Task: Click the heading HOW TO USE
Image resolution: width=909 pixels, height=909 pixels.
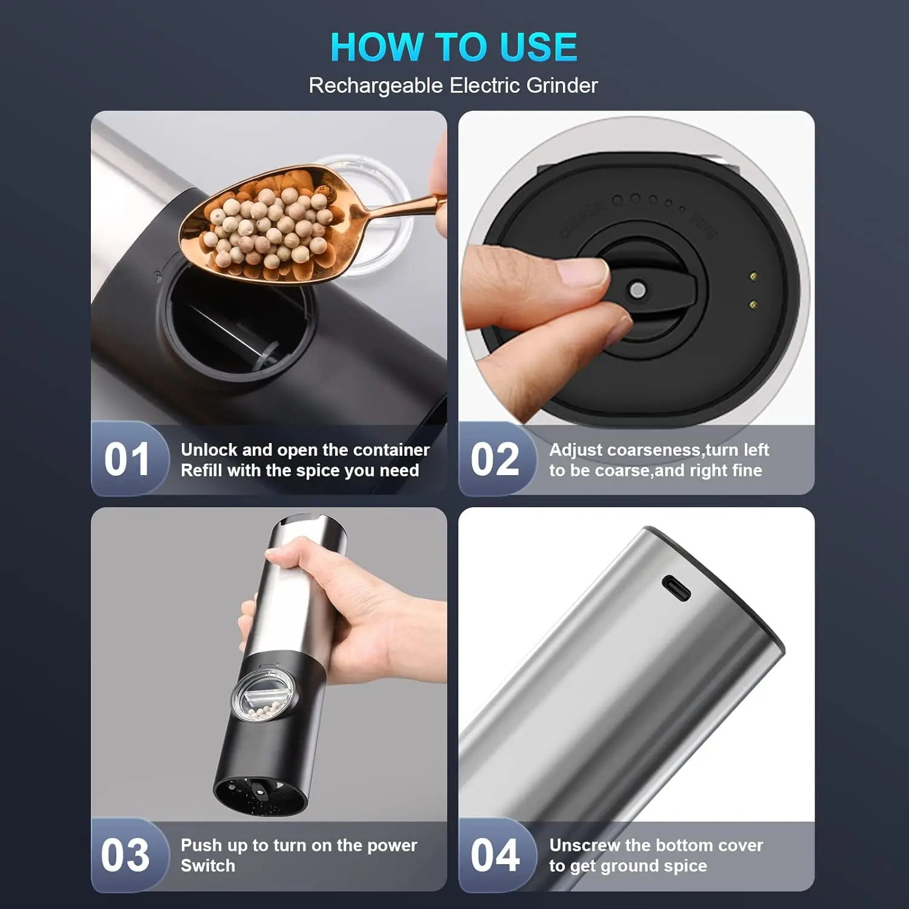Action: tap(454, 47)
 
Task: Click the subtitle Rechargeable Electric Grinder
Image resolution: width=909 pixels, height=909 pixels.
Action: tap(453, 85)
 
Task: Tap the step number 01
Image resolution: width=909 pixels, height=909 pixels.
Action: tap(127, 459)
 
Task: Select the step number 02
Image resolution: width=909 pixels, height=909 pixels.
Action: tap(495, 459)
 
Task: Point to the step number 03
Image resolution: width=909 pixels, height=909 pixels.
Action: tap(125, 855)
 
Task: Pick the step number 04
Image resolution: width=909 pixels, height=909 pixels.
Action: tap(495, 855)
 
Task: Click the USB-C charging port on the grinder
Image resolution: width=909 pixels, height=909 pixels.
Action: tap(676, 588)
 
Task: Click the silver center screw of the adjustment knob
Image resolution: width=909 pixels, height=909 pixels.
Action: tap(637, 290)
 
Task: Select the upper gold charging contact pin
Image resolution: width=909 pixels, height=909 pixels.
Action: tap(753, 277)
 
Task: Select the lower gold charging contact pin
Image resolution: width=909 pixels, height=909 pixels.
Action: tap(753, 304)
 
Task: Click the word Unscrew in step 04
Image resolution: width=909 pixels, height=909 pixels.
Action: tap(585, 845)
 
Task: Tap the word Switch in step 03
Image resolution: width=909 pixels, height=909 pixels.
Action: tap(208, 865)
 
